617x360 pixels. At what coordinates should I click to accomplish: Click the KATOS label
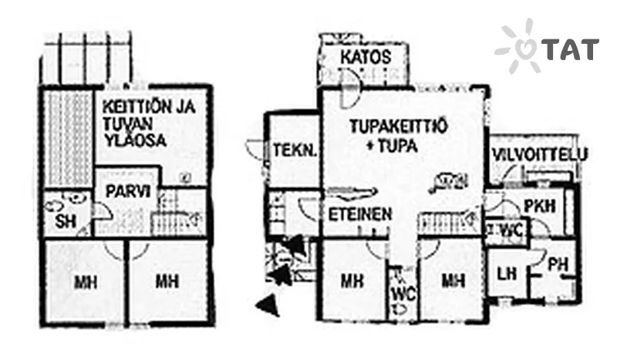coord(366,58)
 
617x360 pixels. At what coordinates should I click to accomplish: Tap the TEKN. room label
coord(295,150)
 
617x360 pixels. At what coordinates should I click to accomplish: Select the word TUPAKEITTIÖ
coord(398,126)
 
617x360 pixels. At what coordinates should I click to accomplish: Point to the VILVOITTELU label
coord(540,154)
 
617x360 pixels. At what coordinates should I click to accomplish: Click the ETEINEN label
coord(360,214)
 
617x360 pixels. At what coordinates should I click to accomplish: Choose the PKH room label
coord(540,205)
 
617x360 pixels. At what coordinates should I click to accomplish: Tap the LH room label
coord(506,273)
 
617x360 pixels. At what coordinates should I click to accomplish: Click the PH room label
coord(558,264)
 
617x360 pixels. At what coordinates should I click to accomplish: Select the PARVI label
coord(128,193)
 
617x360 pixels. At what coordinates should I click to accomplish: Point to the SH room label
coord(66,222)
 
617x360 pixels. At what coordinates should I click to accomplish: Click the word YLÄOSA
coord(134,140)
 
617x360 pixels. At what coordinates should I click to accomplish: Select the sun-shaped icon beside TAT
coord(518,46)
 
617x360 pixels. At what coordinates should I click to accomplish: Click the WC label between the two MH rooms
coord(403,294)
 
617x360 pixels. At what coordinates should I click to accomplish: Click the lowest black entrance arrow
coord(268,304)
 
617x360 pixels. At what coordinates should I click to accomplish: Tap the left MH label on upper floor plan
coord(86,281)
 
